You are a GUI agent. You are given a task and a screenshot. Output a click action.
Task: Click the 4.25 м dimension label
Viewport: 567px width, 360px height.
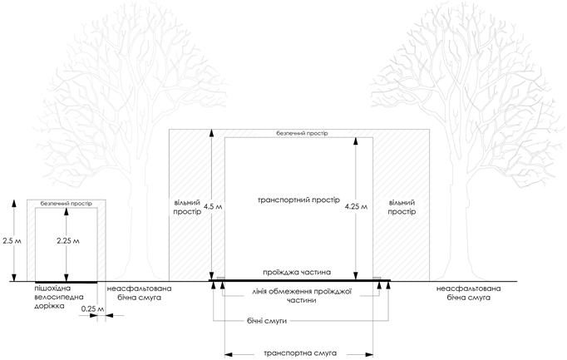pyautogui.click(x=355, y=206)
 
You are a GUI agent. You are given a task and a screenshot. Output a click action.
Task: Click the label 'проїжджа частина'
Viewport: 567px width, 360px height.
pyautogui.click(x=297, y=272)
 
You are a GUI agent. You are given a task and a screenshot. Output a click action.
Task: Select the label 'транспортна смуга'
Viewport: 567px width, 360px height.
pyautogui.click(x=299, y=353)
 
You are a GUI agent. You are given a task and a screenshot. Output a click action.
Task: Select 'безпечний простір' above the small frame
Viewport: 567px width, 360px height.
pyautogui.click(x=66, y=203)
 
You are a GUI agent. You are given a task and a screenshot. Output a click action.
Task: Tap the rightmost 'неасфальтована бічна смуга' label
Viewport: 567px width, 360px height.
pyautogui.click(x=471, y=293)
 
